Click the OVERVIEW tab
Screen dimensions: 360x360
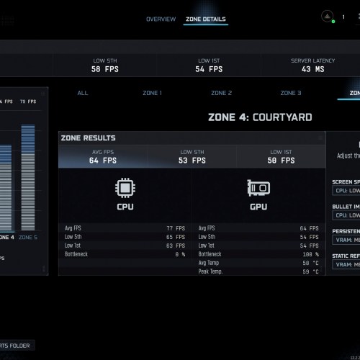pyautogui.click(x=161, y=19)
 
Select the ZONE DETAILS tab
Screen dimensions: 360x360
pyautogui.click(x=206, y=19)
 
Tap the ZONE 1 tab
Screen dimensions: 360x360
pyautogui.click(x=151, y=93)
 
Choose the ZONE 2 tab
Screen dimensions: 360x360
pyautogui.click(x=221, y=93)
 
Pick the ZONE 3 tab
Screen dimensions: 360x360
pyautogui.click(x=291, y=93)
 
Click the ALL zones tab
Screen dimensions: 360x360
pyautogui.click(x=83, y=93)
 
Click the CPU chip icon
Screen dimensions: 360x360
pyautogui.click(x=125, y=189)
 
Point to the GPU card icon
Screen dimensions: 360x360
pyautogui.click(x=258, y=189)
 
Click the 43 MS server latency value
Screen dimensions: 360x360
pyautogui.click(x=312, y=69)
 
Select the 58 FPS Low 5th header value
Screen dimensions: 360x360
pyautogui.click(x=105, y=69)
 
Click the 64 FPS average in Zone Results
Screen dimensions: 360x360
pyautogui.click(x=103, y=161)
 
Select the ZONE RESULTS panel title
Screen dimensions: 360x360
pyautogui.click(x=89, y=138)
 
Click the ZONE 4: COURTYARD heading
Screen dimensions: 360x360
pyautogui.click(x=259, y=117)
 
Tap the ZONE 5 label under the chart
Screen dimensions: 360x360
pyautogui.click(x=27, y=237)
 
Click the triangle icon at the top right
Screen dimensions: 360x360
pyautogui.click(x=327, y=16)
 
